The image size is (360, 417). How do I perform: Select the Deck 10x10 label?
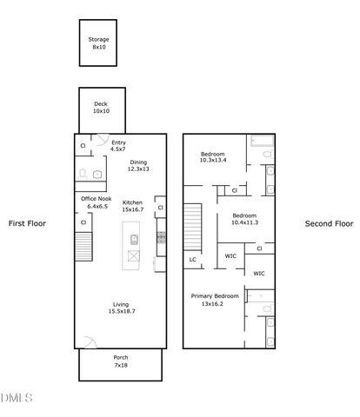(x=101, y=108)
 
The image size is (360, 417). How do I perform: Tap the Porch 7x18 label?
(x=121, y=361)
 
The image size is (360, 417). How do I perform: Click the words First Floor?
(x=27, y=223)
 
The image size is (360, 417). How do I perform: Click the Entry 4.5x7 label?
(x=119, y=147)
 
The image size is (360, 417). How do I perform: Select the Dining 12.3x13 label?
(x=139, y=166)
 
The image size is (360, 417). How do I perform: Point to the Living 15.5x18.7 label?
(x=121, y=308)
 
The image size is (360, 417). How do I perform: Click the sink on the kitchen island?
(x=134, y=239)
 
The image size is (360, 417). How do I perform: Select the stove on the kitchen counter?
(x=160, y=236)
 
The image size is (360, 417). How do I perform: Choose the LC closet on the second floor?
(x=191, y=259)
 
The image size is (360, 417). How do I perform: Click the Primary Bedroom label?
(x=213, y=300)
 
